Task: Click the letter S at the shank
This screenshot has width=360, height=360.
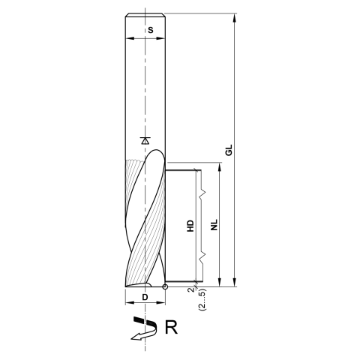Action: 151,30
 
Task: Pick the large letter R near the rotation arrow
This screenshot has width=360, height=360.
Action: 172,327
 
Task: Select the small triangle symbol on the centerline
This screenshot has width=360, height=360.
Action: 145,140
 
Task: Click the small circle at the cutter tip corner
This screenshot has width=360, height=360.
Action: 165,286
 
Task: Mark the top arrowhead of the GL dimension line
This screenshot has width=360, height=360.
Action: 235,18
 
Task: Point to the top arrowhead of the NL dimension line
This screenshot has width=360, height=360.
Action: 220,166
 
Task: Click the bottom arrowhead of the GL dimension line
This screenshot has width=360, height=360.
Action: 235,283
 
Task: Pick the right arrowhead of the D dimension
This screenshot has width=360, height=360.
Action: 163,305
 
